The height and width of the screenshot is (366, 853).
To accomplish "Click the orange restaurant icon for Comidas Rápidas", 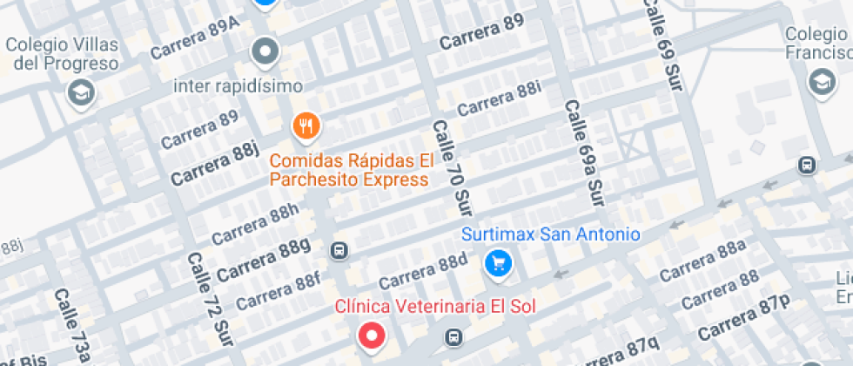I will click(x=306, y=127).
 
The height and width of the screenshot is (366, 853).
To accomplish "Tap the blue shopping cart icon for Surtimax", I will click(x=498, y=261).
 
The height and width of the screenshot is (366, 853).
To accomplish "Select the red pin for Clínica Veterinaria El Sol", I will click(x=373, y=335).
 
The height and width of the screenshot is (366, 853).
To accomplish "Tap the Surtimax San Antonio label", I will click(x=550, y=234).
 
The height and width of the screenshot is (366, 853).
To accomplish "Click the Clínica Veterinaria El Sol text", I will click(x=435, y=306).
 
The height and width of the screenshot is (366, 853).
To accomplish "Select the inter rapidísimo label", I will click(x=238, y=85).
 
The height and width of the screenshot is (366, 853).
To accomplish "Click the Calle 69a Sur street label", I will click(x=584, y=153).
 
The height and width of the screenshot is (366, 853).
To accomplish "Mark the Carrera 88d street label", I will click(x=423, y=271).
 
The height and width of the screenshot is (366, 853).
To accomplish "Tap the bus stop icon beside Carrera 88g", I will click(x=339, y=251).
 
